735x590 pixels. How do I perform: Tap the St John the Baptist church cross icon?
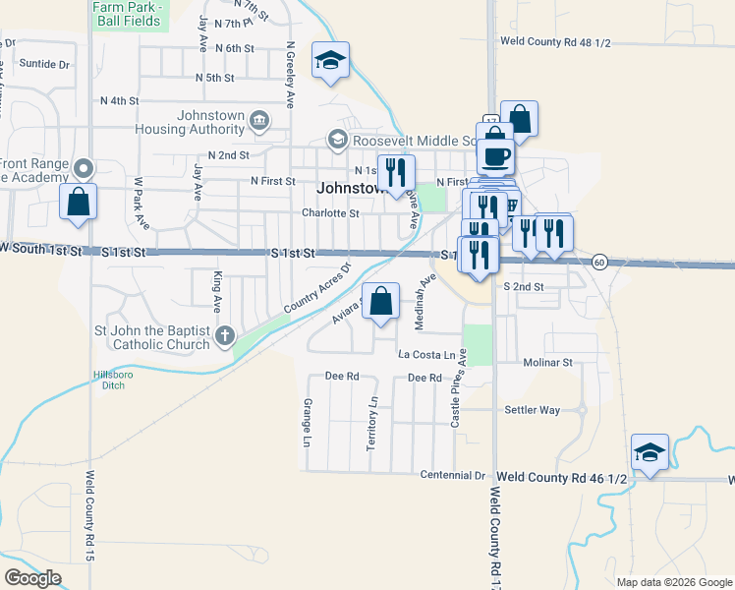click(225, 336)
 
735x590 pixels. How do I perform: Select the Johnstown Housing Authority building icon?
click(258, 121)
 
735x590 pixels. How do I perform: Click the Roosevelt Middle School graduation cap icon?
click(338, 140)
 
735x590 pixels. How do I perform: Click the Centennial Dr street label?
click(453, 475)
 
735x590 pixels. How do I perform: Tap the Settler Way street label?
click(532, 409)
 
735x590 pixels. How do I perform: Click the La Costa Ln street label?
click(427, 353)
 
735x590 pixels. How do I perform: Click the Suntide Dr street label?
click(45, 64)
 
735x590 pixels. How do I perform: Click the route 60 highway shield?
click(599, 262)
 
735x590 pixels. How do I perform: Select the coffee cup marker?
click(494, 155)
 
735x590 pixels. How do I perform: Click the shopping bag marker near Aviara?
click(380, 302)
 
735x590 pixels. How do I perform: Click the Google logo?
click(32, 578)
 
